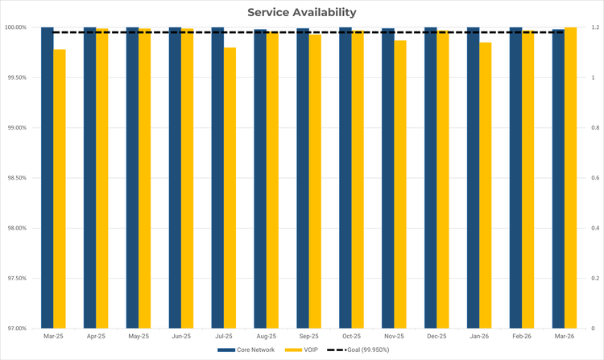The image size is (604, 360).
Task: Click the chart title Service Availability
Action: (302, 12)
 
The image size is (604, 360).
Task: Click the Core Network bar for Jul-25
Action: (217, 177)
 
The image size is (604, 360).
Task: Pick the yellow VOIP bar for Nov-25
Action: (400, 184)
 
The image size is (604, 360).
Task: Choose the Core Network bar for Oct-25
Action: (345, 177)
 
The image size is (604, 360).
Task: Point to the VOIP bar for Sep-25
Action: (315, 181)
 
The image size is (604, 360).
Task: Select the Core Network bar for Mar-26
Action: (558, 178)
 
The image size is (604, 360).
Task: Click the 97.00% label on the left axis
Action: (15, 329)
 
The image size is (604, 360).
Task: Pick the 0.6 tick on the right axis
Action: (593, 178)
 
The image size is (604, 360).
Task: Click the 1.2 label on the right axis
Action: (593, 27)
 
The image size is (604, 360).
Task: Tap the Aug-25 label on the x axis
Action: (266, 336)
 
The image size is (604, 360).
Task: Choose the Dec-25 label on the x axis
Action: (436, 336)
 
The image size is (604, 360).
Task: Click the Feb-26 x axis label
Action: (522, 336)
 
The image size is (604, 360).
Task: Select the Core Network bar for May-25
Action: (132, 177)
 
